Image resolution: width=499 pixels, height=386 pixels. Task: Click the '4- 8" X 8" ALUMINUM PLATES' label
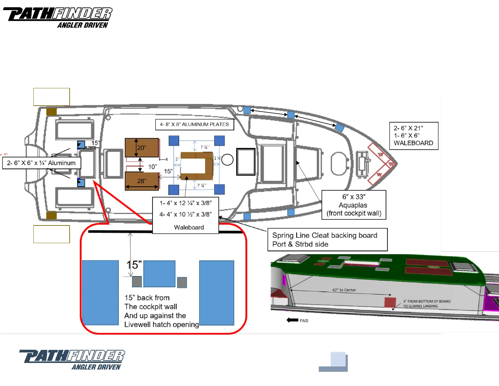pyautogui.click(x=194, y=125)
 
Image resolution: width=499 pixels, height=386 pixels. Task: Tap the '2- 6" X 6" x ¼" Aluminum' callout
pyautogui.click(x=41, y=163)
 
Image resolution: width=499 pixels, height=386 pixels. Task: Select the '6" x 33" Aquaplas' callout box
pyautogui.click(x=354, y=205)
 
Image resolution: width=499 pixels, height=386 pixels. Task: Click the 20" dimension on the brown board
pyautogui.click(x=142, y=148)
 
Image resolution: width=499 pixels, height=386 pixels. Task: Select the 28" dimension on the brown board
pyautogui.click(x=142, y=181)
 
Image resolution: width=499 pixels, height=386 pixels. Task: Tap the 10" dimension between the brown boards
pyautogui.click(x=152, y=167)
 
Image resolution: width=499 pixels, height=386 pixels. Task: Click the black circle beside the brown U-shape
pyautogui.click(x=227, y=160)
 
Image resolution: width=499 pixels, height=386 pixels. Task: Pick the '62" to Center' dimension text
pyautogui.click(x=344, y=290)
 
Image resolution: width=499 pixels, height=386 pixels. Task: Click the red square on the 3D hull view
pyautogui.click(x=390, y=302)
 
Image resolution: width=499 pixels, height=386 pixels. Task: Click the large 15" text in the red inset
pyautogui.click(x=134, y=265)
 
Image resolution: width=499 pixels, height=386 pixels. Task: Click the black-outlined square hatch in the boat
pyautogui.click(x=246, y=162)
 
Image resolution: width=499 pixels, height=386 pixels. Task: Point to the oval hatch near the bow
pyautogui.click(x=339, y=163)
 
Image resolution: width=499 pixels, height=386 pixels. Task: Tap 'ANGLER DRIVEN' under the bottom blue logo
pyautogui.click(x=96, y=367)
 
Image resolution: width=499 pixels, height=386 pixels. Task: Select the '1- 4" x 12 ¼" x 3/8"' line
pyautogui.click(x=185, y=203)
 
